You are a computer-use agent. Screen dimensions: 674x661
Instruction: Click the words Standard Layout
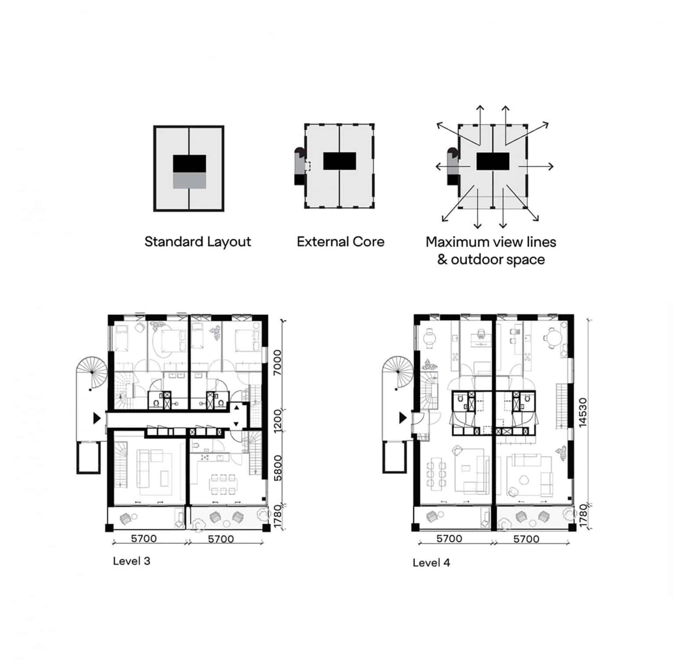[x=197, y=242]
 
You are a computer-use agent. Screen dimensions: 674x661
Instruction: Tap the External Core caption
[x=341, y=242]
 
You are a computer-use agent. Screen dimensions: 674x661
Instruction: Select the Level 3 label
[x=132, y=561]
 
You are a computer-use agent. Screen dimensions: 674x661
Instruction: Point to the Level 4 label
[x=431, y=563]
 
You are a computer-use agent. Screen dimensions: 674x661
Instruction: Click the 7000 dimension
[x=277, y=362]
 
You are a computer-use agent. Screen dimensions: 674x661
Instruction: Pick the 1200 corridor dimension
[x=277, y=420]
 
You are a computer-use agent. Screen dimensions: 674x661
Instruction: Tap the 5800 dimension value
[x=277, y=468]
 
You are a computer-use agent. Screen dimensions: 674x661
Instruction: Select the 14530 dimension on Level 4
[x=582, y=413]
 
